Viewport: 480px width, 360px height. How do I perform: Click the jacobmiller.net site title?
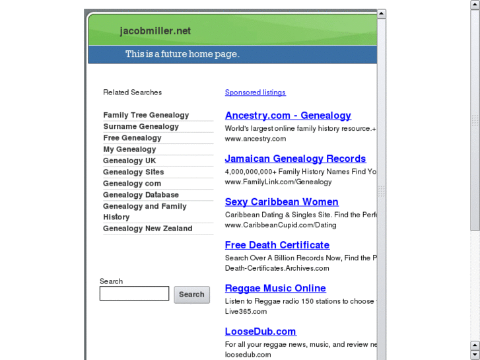155,31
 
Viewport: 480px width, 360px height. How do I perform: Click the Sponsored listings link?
255,92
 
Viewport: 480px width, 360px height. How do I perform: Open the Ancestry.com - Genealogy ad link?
288,116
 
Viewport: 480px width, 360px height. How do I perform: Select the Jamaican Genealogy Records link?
295,159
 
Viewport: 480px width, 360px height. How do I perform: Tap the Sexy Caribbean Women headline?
281,202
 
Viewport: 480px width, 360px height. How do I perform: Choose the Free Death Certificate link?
277,245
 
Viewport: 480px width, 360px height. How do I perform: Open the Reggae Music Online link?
275,289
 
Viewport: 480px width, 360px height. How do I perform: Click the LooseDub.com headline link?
260,332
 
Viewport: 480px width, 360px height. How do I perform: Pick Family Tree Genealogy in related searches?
146,115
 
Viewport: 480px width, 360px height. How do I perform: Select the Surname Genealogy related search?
141,127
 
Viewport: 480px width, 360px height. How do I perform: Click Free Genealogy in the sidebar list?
132,138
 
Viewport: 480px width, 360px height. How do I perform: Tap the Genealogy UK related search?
129,161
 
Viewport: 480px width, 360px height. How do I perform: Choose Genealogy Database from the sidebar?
141,195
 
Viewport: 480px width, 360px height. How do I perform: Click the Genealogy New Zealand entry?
147,229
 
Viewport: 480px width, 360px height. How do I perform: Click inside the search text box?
134,294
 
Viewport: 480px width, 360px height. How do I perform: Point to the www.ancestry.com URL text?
255,139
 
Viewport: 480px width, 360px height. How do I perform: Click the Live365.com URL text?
246,312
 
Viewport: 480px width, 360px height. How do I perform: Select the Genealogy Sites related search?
133,172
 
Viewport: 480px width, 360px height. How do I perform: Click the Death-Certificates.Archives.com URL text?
277,268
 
